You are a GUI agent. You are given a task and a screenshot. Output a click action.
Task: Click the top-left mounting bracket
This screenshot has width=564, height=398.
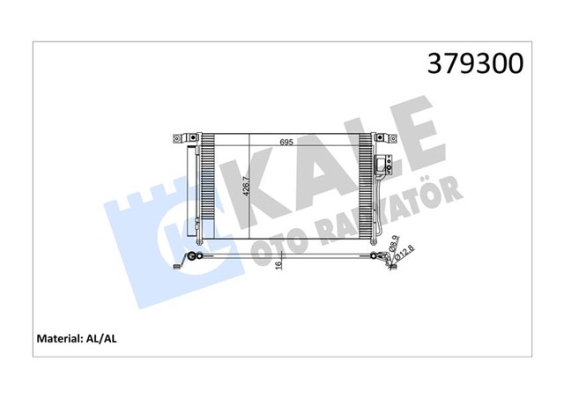tap(182, 138)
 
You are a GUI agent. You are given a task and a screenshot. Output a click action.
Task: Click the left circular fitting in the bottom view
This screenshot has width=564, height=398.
tap(196, 257)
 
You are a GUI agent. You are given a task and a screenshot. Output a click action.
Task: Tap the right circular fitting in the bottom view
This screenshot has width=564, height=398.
tap(376, 257)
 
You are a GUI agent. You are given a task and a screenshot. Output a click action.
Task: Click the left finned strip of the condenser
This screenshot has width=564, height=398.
tap(208, 189)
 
